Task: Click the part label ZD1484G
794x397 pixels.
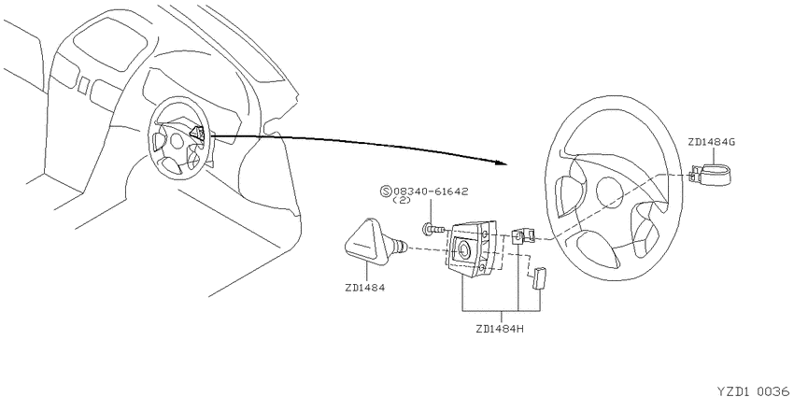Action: coord(711,142)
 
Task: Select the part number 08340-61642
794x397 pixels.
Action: coord(431,191)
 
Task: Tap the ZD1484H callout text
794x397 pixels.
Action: coord(500,328)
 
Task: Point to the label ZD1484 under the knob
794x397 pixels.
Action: coord(364,288)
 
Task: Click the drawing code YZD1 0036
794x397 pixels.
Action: coord(754,390)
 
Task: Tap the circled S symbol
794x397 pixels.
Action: coord(386,191)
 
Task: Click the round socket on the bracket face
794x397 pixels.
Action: coord(463,249)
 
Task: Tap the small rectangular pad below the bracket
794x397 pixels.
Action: coord(537,277)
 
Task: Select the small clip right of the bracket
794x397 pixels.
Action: coord(524,235)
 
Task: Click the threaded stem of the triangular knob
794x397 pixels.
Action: coord(401,247)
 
